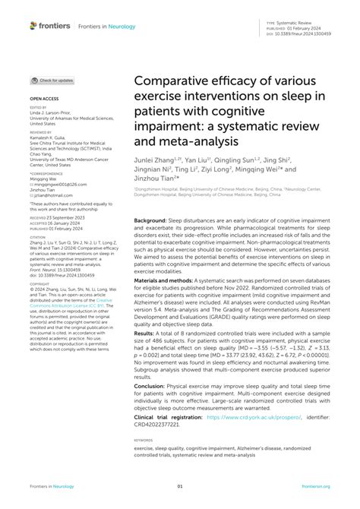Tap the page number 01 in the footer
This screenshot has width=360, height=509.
pos(180,487)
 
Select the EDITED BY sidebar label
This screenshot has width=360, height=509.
pos(38,107)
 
